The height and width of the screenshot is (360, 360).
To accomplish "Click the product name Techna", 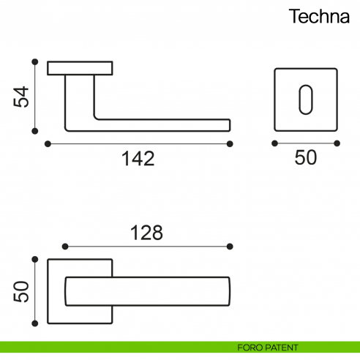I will (x=318, y=17).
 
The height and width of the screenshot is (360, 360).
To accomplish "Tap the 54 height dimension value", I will (x=22, y=97).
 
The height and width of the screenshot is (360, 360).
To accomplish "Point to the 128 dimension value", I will (x=146, y=233).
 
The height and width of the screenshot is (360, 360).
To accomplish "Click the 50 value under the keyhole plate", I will (x=306, y=158).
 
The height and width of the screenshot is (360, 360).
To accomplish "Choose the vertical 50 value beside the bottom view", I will (x=22, y=291).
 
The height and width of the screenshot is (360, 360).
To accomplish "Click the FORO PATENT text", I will (x=268, y=347).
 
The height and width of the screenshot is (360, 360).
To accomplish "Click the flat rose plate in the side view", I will (x=80, y=68).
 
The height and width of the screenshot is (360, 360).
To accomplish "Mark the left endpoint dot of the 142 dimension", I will (x=48, y=143).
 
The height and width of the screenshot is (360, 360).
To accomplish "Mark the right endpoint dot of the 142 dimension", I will (x=230, y=143).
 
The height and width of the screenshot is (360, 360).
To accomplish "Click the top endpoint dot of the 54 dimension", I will (x=34, y=62).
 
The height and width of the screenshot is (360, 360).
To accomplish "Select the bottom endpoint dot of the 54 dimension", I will (x=34, y=132).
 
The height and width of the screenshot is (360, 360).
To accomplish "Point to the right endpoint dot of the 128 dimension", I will (x=230, y=246).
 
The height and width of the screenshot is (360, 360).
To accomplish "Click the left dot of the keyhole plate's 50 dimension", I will (x=274, y=143).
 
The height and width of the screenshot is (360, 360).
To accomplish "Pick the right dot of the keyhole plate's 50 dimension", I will (x=338, y=143).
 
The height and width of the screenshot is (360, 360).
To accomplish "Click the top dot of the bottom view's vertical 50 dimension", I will (x=34, y=259).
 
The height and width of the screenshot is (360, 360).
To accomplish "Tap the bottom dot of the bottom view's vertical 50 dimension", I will (x=34, y=323).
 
